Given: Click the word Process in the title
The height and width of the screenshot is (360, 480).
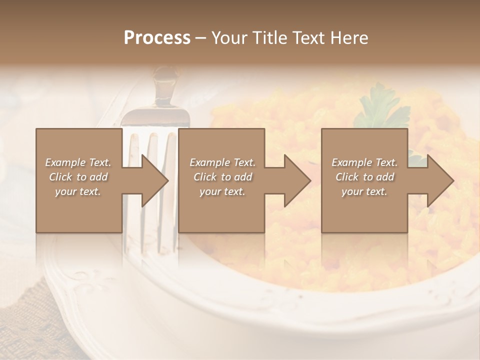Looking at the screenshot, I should [x=157, y=38].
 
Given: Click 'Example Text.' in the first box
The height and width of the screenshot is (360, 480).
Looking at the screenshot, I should [x=78, y=162].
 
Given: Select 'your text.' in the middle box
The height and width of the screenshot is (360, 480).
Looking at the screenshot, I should [x=222, y=191].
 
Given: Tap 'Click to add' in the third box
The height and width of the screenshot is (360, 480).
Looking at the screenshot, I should [x=364, y=177].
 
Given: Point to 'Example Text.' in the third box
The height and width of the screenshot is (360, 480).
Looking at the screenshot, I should [x=364, y=162].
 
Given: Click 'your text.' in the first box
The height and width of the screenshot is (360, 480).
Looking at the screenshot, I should [x=78, y=191].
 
